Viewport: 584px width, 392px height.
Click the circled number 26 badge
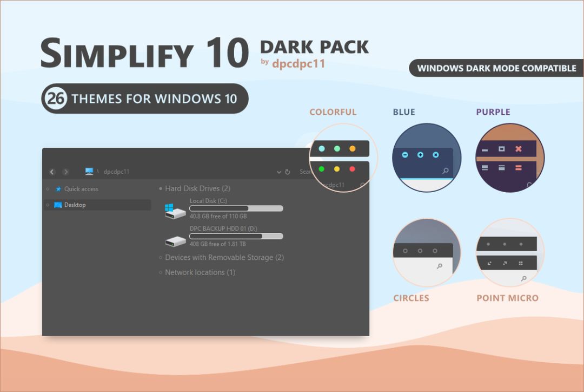pyautogui.click(x=55, y=99)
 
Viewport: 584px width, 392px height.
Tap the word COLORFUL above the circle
pyautogui.click(x=333, y=112)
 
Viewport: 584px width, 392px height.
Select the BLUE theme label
pyautogui.click(x=404, y=112)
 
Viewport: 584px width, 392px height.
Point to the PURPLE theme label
pyautogui.click(x=493, y=112)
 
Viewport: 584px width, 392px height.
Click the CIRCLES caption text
pyautogui.click(x=411, y=298)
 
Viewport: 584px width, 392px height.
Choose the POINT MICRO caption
pyautogui.click(x=507, y=298)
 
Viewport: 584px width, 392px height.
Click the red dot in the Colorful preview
pyautogui.click(x=353, y=169)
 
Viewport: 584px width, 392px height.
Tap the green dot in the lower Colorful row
pyautogui.click(x=322, y=169)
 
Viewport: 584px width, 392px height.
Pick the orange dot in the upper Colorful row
pyautogui.click(x=353, y=148)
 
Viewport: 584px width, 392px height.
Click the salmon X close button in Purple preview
pyautogui.click(x=519, y=149)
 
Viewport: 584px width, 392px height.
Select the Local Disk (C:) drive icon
pyautogui.click(x=175, y=211)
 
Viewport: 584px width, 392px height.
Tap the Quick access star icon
pyautogui.click(x=58, y=189)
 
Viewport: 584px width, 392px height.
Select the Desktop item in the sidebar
pyautogui.click(x=75, y=205)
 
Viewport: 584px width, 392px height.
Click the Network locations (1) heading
pyautogui.click(x=200, y=272)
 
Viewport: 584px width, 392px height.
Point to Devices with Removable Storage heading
pyautogui.click(x=224, y=258)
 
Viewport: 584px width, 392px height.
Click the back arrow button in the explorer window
pyautogui.click(x=52, y=172)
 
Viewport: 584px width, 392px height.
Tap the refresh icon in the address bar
pyautogui.click(x=288, y=172)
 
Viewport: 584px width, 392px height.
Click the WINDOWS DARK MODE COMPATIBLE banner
pyautogui.click(x=496, y=68)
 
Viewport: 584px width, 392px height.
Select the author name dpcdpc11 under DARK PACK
pyautogui.click(x=298, y=63)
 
